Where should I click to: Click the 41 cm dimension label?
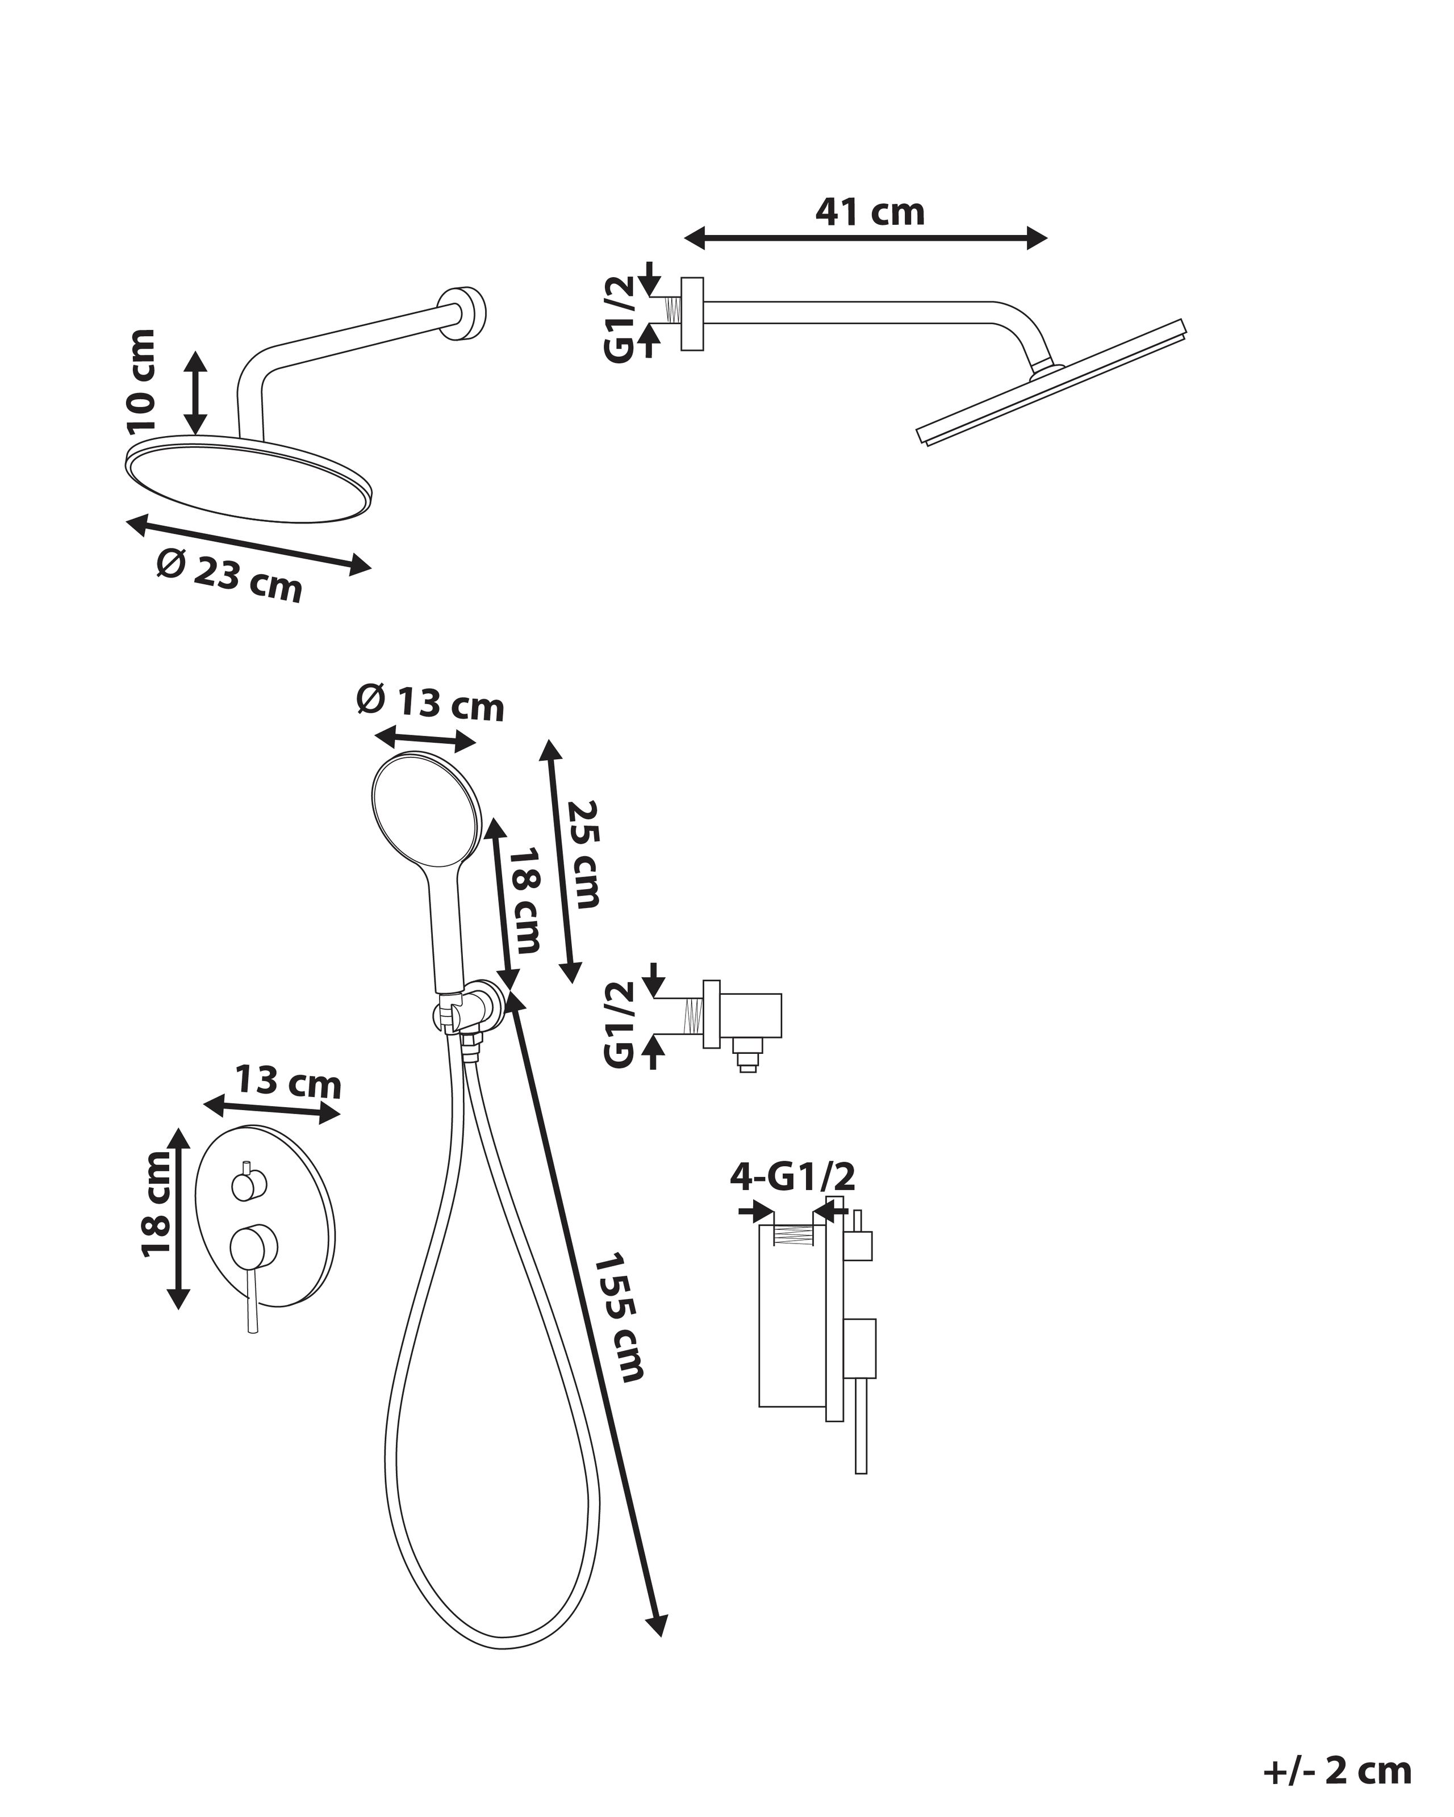870,212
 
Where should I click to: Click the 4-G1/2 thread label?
792,1177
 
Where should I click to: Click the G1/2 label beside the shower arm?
620,320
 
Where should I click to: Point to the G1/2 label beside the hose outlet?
620,1024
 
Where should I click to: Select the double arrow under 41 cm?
865,238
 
